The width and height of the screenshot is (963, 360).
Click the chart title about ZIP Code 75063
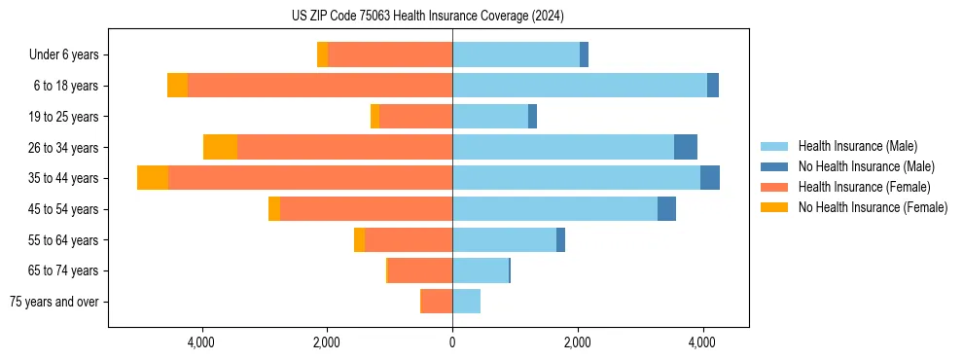(427, 16)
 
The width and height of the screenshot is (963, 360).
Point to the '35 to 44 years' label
(64, 178)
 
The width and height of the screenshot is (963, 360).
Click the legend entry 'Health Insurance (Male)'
(857, 146)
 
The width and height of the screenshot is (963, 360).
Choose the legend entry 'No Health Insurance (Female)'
(873, 207)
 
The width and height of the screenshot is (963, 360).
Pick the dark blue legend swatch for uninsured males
(774, 166)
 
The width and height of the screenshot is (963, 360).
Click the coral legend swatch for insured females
(774, 187)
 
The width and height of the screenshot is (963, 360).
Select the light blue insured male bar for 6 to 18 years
(579, 86)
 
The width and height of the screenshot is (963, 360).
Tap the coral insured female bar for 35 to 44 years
(310, 178)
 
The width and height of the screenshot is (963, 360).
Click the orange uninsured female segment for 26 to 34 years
(220, 147)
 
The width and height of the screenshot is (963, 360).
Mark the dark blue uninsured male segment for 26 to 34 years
(686, 147)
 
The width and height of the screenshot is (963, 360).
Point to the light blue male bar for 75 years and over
(466, 302)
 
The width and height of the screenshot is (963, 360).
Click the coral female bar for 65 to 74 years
(420, 270)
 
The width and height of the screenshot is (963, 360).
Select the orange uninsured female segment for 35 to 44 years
(153, 178)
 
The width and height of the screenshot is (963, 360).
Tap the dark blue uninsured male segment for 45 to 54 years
(666, 209)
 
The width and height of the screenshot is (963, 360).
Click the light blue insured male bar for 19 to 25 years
(490, 117)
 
